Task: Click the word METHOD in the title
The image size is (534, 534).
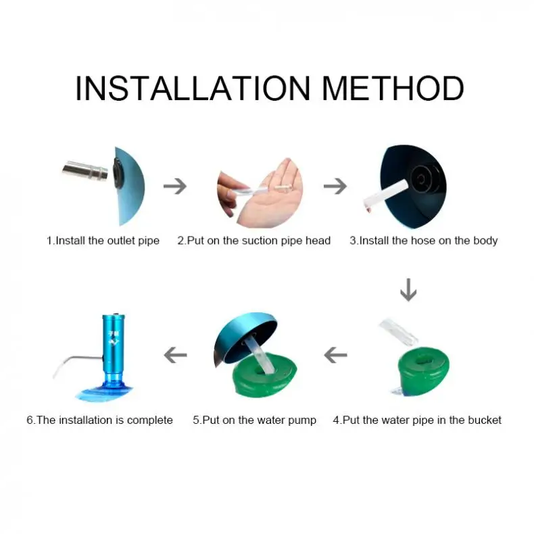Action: (393, 88)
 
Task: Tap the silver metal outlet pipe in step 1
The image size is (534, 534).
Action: (84, 170)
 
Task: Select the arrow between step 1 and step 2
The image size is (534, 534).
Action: (175, 186)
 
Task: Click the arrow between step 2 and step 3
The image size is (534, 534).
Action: (335, 186)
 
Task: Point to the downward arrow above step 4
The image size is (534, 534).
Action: (408, 290)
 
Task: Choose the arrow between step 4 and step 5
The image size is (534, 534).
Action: (335, 355)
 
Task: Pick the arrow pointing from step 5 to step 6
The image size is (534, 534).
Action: (175, 355)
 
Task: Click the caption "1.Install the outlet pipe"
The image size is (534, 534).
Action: (103, 241)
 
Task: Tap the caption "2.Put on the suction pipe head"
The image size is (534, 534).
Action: (254, 241)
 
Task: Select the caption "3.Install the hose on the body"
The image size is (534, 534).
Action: (424, 241)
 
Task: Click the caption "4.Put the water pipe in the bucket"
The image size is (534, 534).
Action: (417, 420)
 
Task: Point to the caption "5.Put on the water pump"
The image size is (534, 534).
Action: (254, 420)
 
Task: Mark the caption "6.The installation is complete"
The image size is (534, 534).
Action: (100, 420)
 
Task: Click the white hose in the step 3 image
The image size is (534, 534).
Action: (386, 196)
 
